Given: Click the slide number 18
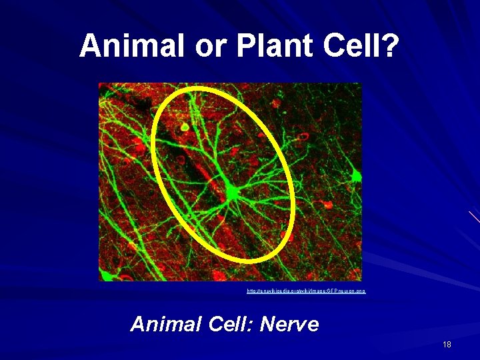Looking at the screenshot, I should pyautogui.click(x=447, y=344).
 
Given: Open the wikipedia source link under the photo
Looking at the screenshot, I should pyautogui.click(x=306, y=291).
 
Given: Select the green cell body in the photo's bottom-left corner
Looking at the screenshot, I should pyautogui.click(x=106, y=275).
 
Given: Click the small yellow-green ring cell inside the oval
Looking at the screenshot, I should pyautogui.click(x=184, y=126).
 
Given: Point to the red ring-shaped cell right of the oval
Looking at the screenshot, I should pyautogui.click(x=303, y=137).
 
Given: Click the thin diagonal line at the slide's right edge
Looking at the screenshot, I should pyautogui.click(x=474, y=217).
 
